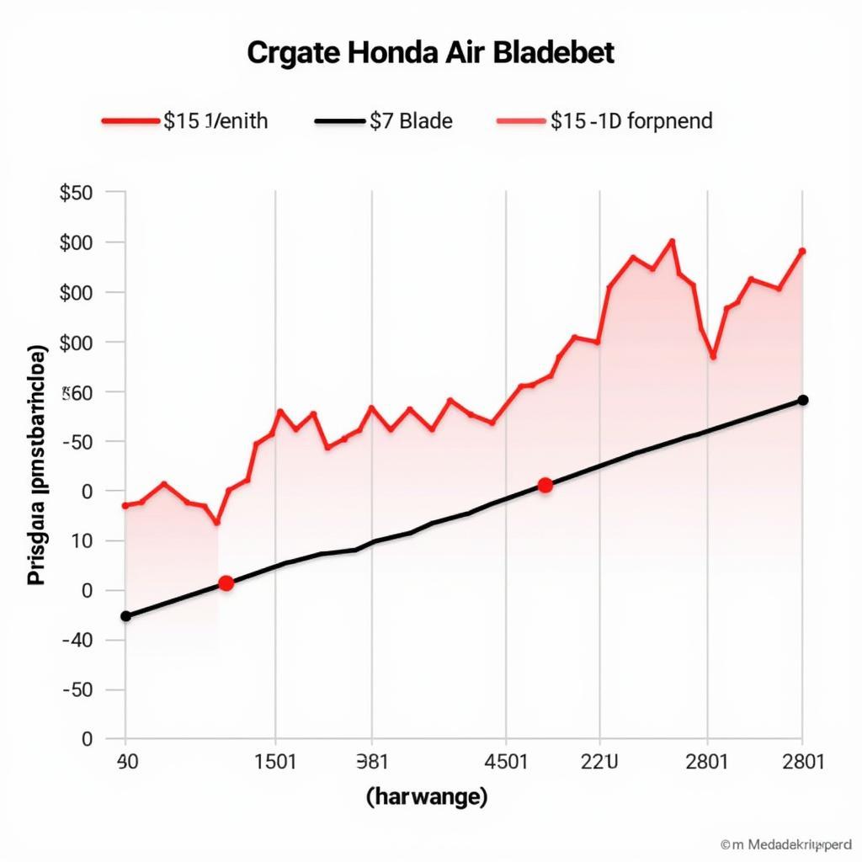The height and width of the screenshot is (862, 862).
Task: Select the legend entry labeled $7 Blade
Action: pyautogui.click(x=411, y=121)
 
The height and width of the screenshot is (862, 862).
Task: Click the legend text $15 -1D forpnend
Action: pyautogui.click(x=631, y=121)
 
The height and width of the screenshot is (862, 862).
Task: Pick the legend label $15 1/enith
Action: pyautogui.click(x=215, y=121)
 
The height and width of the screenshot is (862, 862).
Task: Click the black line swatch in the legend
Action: pyautogui.click(x=339, y=121)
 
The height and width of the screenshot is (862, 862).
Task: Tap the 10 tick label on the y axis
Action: pyautogui.click(x=81, y=540)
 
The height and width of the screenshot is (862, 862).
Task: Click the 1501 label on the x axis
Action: pyautogui.click(x=275, y=762)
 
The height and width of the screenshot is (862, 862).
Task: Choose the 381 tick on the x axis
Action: pyautogui.click(x=372, y=762)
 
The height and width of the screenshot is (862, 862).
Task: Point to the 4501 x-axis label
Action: pyautogui.click(x=506, y=762)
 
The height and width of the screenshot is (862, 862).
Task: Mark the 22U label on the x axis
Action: pyautogui.click(x=599, y=762)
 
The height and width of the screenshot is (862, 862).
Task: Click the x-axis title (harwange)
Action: pyautogui.click(x=427, y=796)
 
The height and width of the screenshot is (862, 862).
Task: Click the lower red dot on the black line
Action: pyautogui.click(x=226, y=583)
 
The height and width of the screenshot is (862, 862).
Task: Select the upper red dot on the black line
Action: pyautogui.click(x=545, y=485)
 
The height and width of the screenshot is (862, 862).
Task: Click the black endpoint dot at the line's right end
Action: pyautogui.click(x=802, y=400)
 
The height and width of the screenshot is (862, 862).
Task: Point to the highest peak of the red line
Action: pyautogui.click(x=672, y=241)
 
